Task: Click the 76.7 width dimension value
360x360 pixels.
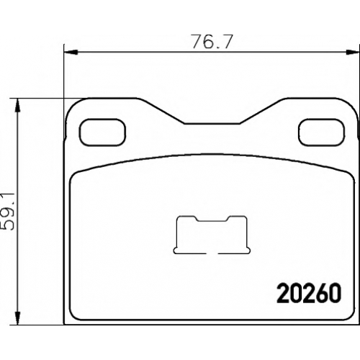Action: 212,42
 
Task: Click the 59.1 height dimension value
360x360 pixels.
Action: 8,212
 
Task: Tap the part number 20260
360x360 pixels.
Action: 309,293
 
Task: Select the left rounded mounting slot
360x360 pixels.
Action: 102,132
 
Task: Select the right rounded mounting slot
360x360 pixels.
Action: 322,132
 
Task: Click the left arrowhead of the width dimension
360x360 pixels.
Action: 71,52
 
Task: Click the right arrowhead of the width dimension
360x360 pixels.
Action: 352,52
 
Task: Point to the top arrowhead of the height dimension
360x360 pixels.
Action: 17,106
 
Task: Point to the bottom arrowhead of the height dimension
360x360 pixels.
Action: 17,318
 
